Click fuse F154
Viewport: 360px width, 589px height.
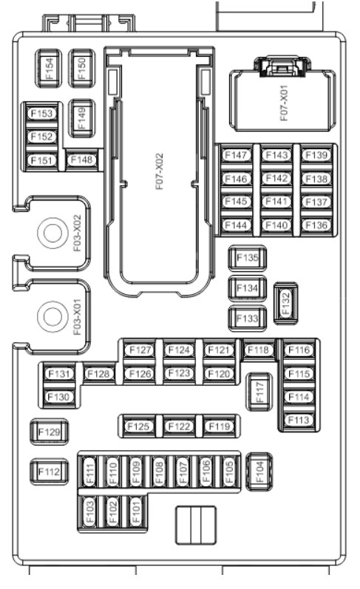[49, 69]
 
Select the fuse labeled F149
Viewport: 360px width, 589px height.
[81, 118]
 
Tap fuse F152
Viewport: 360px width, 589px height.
[41, 137]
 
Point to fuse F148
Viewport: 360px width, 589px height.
[81, 160]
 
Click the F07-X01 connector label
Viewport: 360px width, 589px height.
[284, 103]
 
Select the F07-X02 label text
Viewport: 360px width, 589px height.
[160, 171]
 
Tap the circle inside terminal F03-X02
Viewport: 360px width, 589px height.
[52, 233]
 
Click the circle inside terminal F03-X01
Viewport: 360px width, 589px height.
[52, 316]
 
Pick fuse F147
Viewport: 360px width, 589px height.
[237, 154]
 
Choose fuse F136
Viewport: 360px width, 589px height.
[317, 225]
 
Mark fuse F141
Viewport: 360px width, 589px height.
[276, 202]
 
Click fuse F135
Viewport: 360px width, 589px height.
[248, 258]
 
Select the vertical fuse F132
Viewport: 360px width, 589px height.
[286, 304]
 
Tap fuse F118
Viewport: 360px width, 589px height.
[259, 350]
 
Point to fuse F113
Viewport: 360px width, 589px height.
[299, 420]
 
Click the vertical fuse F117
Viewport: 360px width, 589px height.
[259, 392]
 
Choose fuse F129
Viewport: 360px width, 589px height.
[50, 432]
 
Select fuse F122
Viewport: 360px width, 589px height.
[179, 426]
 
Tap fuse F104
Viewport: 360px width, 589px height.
[259, 471]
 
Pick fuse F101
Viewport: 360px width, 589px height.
[136, 511]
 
